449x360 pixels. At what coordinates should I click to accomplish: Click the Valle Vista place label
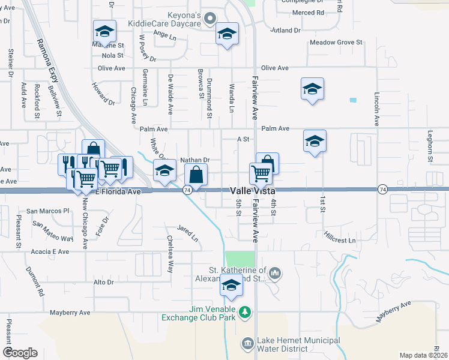pyautogui.click(x=253, y=190)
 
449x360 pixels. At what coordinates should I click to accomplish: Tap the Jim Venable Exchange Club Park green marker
pyautogui.click(x=244, y=311)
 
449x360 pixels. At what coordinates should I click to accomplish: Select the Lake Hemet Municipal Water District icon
pyautogui.click(x=247, y=344)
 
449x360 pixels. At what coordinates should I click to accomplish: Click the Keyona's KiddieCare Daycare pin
pyautogui.click(x=209, y=18)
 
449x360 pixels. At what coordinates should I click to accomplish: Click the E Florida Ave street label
pyautogui.click(x=118, y=192)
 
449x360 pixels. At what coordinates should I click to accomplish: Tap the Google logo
pyautogui.click(x=20, y=353)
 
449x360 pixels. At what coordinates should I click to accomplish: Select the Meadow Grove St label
pyautogui.click(x=336, y=43)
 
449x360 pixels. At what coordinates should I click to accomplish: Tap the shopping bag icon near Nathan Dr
pyautogui.click(x=196, y=176)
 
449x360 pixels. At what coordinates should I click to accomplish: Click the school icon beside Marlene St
pyautogui.click(x=104, y=32)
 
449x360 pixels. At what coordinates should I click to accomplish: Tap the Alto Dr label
pyautogui.click(x=104, y=282)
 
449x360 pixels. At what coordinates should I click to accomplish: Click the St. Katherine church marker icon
pyautogui.click(x=276, y=273)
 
